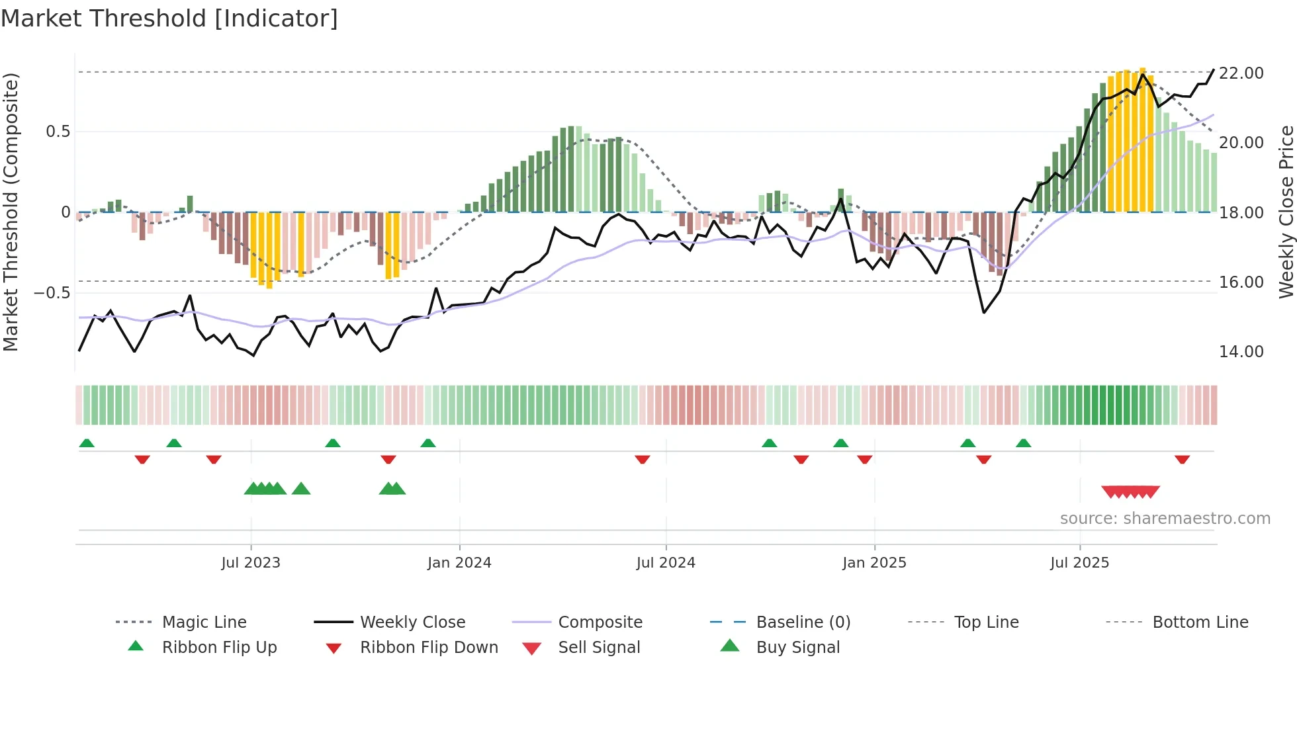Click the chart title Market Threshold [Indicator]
(x=169, y=19)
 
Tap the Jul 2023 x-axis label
(x=251, y=563)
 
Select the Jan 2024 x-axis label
(x=459, y=563)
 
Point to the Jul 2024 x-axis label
(x=666, y=563)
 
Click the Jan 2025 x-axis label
(x=874, y=563)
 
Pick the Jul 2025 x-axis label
(x=1079, y=563)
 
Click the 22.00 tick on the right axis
(x=1241, y=73)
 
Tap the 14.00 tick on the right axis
(x=1241, y=352)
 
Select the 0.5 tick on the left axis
(x=58, y=132)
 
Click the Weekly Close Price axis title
(x=1286, y=212)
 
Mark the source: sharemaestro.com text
(x=1165, y=519)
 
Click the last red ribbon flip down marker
(x=1183, y=459)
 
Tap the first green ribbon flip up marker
(x=87, y=443)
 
